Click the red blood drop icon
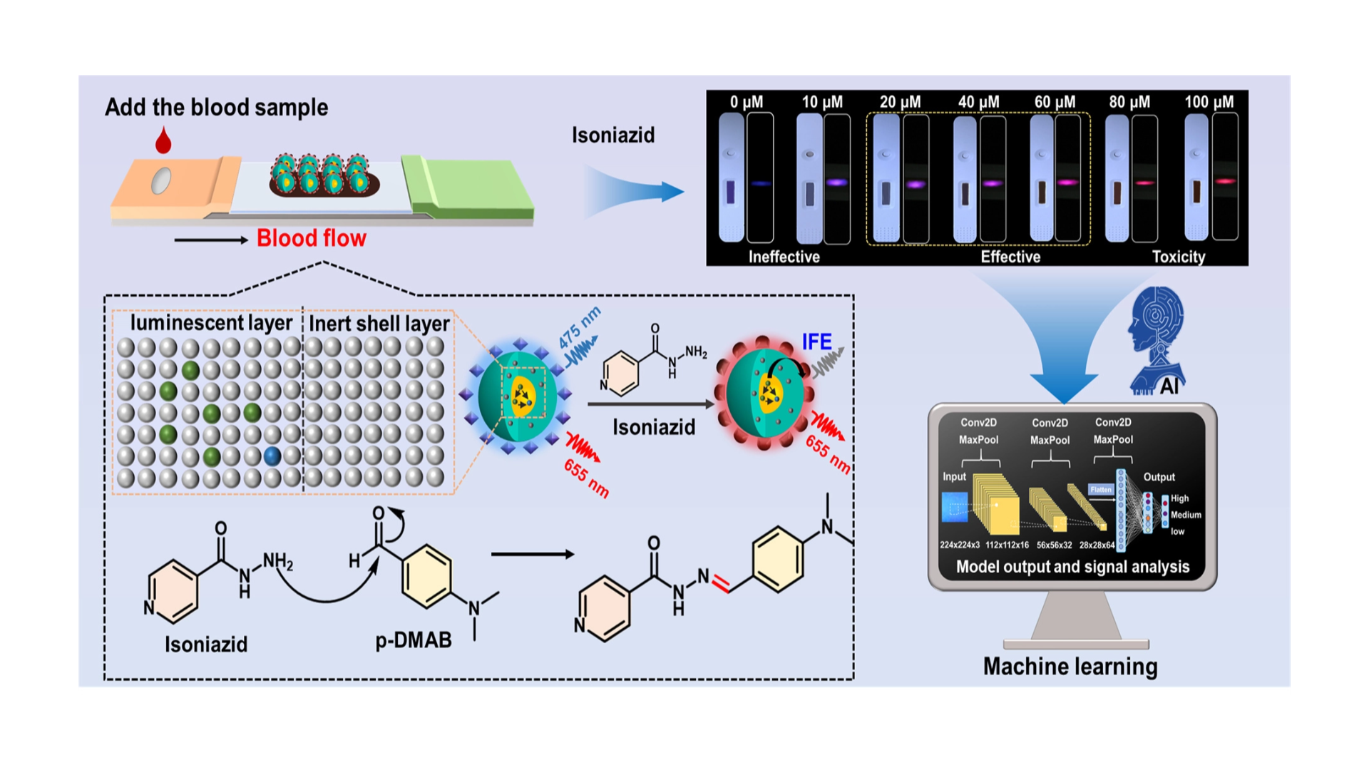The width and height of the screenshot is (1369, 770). point(163,140)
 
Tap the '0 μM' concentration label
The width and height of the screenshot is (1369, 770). point(746,102)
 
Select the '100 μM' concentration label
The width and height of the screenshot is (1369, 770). point(1209,102)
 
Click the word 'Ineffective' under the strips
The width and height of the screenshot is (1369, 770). point(784,257)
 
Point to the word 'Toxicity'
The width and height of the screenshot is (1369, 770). point(1178,257)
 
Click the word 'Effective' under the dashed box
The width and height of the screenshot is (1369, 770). point(1010,257)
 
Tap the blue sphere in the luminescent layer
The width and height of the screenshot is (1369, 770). point(272,456)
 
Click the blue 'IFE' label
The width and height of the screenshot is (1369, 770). point(816,342)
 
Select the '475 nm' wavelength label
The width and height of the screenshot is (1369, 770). point(579,327)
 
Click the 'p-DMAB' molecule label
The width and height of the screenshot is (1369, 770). point(414,640)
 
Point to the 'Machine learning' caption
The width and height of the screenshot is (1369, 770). point(1070,667)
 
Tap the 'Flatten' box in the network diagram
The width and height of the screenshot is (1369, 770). point(1100,489)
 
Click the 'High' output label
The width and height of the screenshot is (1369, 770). point(1179,498)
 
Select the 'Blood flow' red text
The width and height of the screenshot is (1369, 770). point(311,238)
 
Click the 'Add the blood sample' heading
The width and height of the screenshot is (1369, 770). point(216,108)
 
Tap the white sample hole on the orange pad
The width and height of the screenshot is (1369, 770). point(161,180)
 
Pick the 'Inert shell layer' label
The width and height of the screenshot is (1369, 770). point(379,324)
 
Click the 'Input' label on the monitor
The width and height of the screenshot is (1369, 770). point(954,477)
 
